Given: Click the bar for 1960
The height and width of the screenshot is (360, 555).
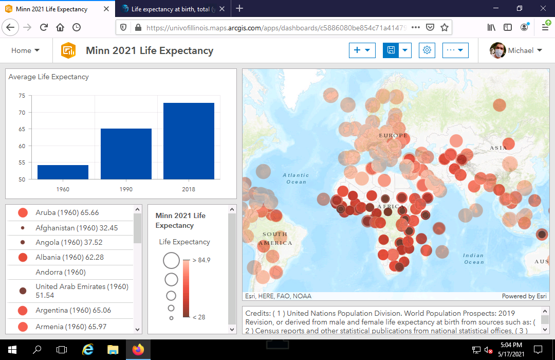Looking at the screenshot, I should (x=63, y=172).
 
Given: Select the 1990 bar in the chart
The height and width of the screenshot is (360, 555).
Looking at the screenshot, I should (x=126, y=154).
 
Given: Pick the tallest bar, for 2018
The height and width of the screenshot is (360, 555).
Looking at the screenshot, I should (x=189, y=141).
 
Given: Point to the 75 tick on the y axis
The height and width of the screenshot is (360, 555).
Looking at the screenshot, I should (x=22, y=96).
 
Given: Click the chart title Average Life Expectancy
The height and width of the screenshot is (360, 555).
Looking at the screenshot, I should (x=48, y=77).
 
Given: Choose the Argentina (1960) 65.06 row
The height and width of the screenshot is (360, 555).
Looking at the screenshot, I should (x=73, y=311).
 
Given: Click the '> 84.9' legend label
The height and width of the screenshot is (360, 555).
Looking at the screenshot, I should (x=201, y=260).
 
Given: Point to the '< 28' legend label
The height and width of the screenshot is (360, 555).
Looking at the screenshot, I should (x=198, y=317).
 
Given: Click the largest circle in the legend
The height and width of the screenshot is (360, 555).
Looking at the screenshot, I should (x=171, y=261).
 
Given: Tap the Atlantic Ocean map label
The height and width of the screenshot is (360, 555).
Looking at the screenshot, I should (x=296, y=178).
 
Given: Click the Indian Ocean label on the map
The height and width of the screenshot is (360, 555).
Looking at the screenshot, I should (x=473, y=259).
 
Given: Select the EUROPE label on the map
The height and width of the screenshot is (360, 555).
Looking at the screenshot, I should (x=393, y=136).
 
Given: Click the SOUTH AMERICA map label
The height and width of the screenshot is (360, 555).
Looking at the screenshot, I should (x=275, y=239).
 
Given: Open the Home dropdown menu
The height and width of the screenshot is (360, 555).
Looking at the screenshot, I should (x=26, y=50).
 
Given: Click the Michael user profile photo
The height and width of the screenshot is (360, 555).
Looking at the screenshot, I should (x=497, y=50).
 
